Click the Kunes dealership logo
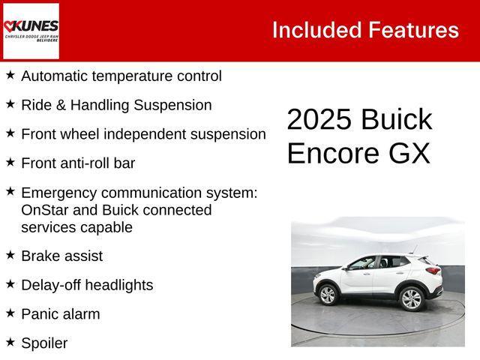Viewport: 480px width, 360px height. pos(31,31)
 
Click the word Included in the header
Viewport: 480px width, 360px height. pos(316,30)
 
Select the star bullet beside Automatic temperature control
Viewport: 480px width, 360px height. pos(10,75)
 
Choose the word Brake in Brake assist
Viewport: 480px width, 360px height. pos(40,256)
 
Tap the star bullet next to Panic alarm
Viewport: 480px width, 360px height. pos(10,313)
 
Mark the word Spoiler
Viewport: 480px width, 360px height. pos(44,343)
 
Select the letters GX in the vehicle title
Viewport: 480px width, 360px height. pos(409,153)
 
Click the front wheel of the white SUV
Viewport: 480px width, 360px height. pos(328,295)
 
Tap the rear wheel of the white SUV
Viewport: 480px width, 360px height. pos(411,298)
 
